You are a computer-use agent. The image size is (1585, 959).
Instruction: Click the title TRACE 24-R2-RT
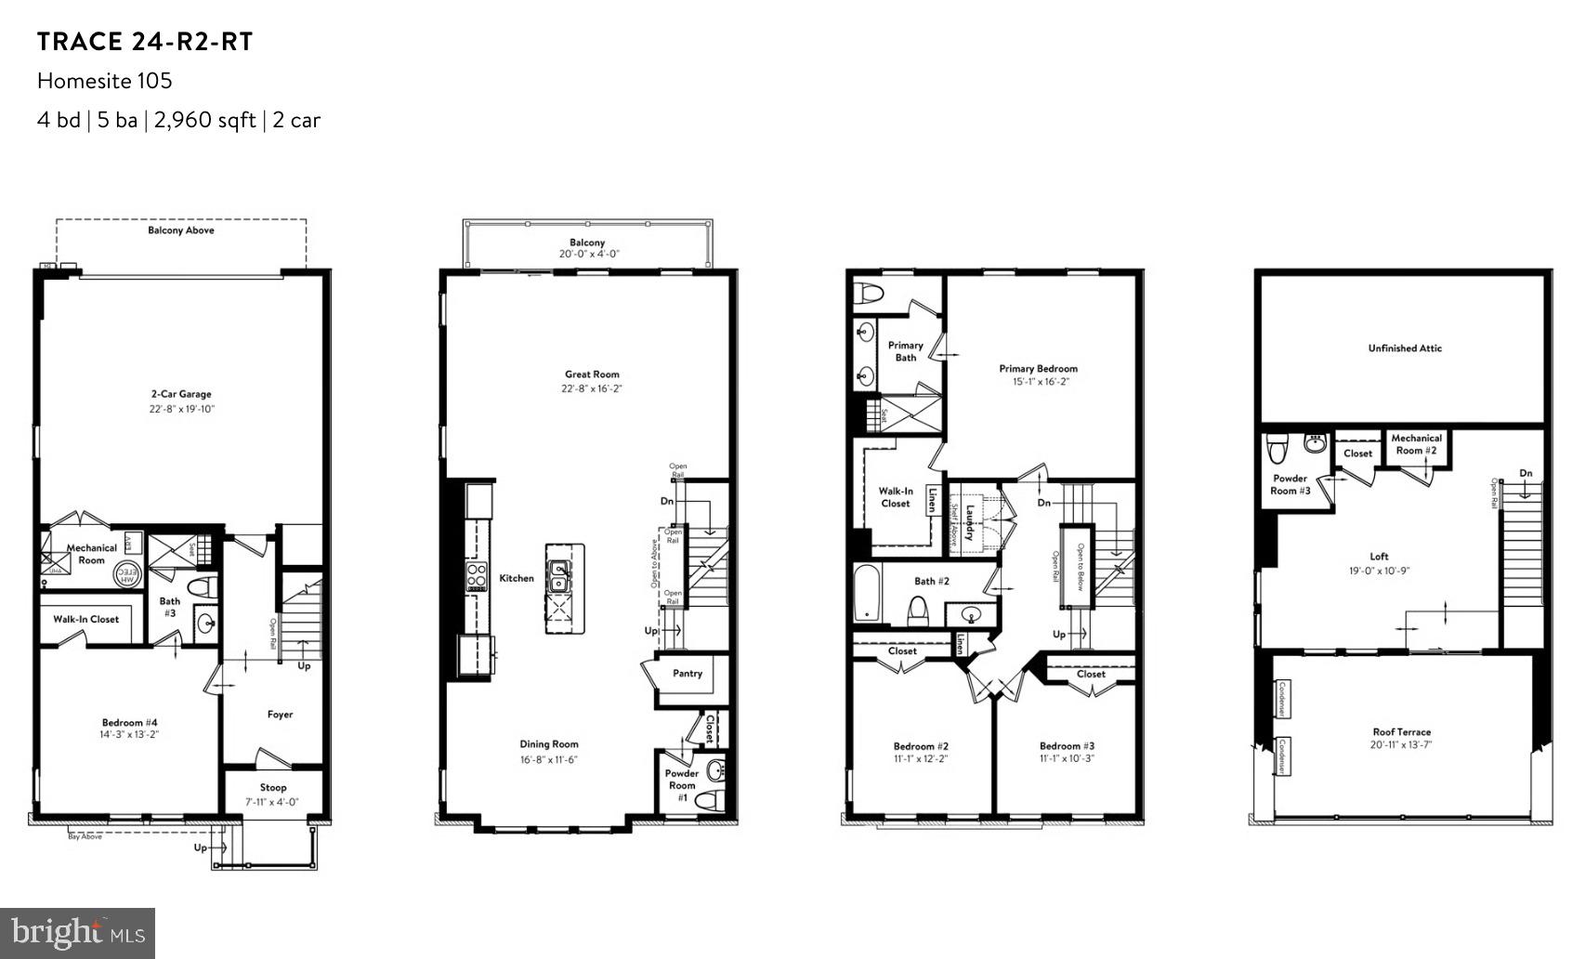(x=145, y=42)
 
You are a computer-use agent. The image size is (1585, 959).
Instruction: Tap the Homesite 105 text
(x=105, y=81)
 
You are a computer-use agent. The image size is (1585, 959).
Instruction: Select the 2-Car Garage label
(x=182, y=394)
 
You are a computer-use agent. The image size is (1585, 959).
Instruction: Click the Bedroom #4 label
(x=129, y=722)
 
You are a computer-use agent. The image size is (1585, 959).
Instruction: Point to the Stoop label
(x=273, y=787)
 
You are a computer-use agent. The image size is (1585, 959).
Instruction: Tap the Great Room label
(x=592, y=374)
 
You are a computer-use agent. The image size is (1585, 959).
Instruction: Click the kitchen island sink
(x=561, y=576)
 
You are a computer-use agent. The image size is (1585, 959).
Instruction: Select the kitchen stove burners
(x=477, y=577)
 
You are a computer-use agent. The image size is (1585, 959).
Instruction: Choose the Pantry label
(x=688, y=674)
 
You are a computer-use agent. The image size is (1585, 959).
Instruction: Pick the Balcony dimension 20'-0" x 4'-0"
(x=588, y=254)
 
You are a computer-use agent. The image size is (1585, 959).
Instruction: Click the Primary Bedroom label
(x=1038, y=368)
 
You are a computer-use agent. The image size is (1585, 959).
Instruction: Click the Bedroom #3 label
(x=1067, y=745)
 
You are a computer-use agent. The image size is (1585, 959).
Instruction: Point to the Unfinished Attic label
(x=1405, y=348)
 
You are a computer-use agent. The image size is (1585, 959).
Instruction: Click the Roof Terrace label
(x=1401, y=731)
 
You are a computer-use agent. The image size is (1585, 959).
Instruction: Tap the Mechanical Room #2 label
(x=1416, y=444)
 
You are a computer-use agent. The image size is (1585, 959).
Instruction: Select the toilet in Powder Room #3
(x=1278, y=450)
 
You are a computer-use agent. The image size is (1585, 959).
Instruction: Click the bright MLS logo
(x=78, y=932)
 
